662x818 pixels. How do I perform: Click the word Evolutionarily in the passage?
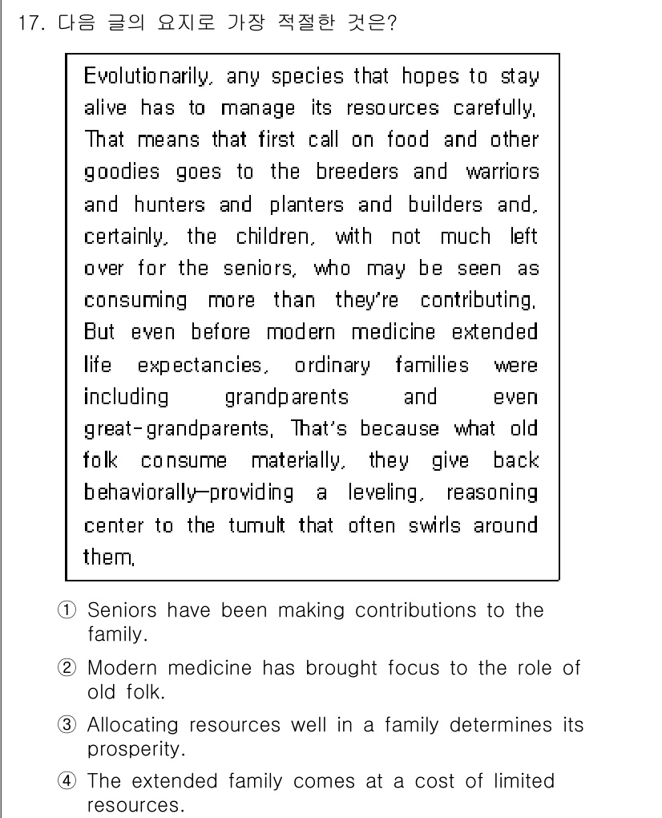click(x=150, y=77)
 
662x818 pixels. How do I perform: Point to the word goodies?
click(x=122, y=173)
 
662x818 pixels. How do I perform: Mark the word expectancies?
click(x=200, y=366)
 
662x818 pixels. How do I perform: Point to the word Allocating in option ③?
click(x=133, y=726)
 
